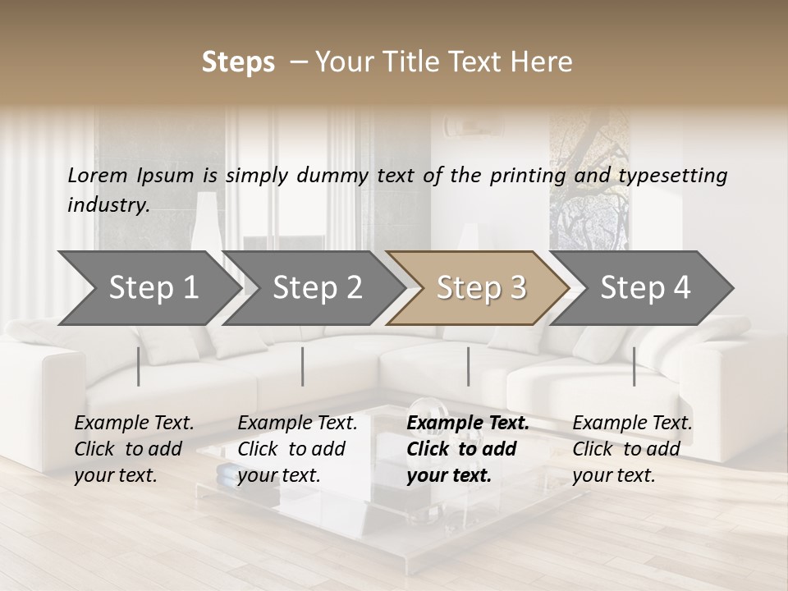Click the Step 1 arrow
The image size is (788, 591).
click(x=148, y=288)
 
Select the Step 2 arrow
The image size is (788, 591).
click(x=315, y=288)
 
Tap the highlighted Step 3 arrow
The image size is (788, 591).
click(x=479, y=288)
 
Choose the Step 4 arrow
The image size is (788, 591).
click(x=644, y=288)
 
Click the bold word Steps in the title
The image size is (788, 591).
click(x=238, y=62)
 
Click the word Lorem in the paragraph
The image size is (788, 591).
click(x=97, y=175)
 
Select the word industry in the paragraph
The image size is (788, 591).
click(x=108, y=205)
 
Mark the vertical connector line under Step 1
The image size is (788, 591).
click(x=139, y=366)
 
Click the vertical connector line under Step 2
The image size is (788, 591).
click(x=303, y=366)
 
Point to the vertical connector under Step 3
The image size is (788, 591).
click(x=468, y=366)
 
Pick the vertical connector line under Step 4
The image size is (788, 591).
click(x=634, y=366)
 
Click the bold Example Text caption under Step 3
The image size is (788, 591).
click(x=467, y=449)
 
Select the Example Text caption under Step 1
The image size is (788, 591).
click(x=134, y=449)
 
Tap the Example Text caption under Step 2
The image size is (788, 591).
click(x=297, y=449)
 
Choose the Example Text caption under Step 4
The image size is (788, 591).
click(x=632, y=449)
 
